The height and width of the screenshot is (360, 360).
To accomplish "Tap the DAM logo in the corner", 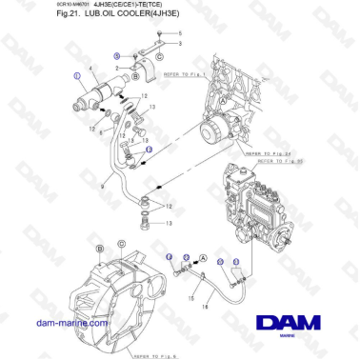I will (x=291, y=322).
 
